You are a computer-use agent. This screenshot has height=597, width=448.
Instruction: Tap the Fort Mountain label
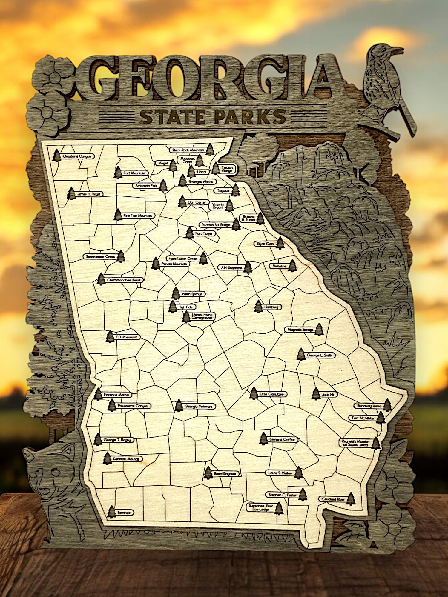pos(134,173)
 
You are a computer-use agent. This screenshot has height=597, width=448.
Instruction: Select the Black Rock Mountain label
pos(188,150)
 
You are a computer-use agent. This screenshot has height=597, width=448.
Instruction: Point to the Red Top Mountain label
pos(138,216)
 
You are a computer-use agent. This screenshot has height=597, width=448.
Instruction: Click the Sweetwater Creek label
pos(100,256)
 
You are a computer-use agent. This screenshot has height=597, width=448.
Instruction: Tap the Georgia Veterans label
pos(198,406)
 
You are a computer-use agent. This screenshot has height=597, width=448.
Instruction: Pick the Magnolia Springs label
pos(300,330)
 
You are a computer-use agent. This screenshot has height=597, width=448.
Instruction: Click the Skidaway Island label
pos(369,406)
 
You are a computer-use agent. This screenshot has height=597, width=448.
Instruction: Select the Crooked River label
pos(333,499)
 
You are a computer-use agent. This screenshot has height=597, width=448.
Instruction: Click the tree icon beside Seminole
pos(111,512)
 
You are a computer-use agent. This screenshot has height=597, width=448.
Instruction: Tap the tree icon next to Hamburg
pos(258,307)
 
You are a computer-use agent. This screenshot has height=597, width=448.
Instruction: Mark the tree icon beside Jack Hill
pos(316,394)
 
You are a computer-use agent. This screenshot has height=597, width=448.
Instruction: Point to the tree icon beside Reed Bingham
pos(208,473)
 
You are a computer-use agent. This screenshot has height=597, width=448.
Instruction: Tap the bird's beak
pos(398,49)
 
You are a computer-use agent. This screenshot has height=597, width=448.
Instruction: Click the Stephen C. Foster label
pos(282,495)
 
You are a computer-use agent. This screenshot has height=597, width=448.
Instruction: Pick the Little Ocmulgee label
pos(271,394)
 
